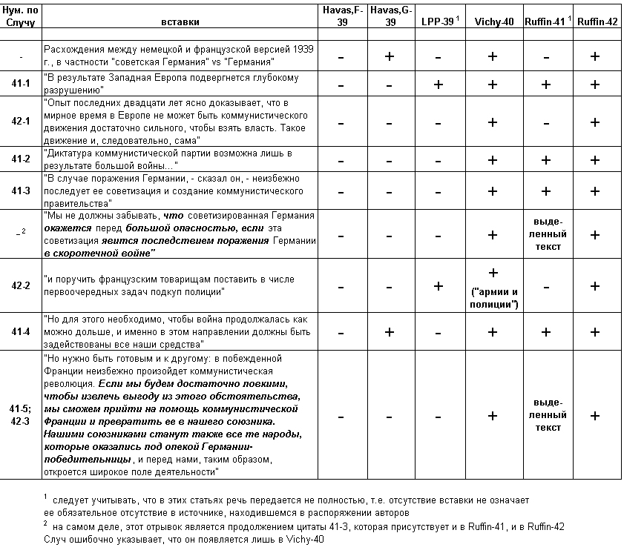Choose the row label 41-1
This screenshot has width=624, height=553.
pyautogui.click(x=21, y=85)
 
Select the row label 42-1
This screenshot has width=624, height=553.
pyautogui.click(x=21, y=122)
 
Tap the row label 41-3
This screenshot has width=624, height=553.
pyautogui.click(x=21, y=191)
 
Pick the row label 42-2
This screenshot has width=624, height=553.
pyautogui.click(x=21, y=286)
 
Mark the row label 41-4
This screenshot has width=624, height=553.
pyautogui.click(x=21, y=333)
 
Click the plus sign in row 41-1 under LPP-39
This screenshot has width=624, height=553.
pyautogui.click(x=438, y=85)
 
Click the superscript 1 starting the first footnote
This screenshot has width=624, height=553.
pyautogui.click(x=45, y=496)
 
